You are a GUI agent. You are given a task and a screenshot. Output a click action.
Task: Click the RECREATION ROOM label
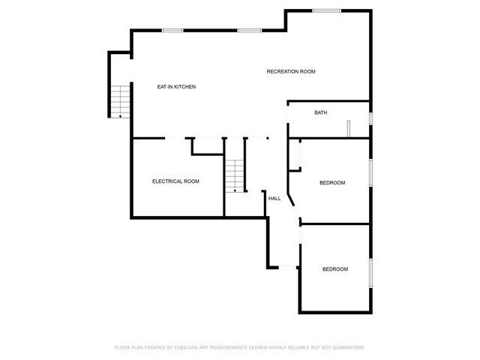click(x=291, y=72)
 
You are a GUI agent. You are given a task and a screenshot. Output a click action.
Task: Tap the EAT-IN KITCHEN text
click(x=176, y=87)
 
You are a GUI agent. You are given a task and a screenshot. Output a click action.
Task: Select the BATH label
click(x=321, y=112)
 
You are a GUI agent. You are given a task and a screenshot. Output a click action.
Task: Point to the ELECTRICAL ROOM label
click(x=175, y=181)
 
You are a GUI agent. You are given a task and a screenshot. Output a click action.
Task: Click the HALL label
click(x=274, y=198)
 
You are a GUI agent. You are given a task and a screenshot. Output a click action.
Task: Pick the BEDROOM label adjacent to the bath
click(x=332, y=183)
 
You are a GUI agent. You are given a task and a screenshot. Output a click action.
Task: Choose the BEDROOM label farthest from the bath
click(x=335, y=269)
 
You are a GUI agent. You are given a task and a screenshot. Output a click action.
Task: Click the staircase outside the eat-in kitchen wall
click(x=120, y=102)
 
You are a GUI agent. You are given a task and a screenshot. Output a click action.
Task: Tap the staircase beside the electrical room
click(x=235, y=175)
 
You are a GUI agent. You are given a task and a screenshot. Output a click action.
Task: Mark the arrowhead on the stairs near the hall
click(x=235, y=191)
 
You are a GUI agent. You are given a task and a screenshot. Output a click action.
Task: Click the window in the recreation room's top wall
click(x=327, y=10)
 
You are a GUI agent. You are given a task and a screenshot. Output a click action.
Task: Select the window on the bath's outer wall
click(x=370, y=118)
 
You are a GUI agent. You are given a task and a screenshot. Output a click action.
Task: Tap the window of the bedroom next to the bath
click(x=370, y=172)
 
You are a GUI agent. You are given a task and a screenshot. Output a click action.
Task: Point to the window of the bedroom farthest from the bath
click(x=370, y=273)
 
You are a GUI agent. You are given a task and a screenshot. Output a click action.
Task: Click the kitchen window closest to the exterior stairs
click(x=172, y=31)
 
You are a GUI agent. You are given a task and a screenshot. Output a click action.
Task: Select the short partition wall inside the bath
click(x=348, y=129)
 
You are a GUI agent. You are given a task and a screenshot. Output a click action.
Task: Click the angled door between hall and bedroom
click(x=296, y=211)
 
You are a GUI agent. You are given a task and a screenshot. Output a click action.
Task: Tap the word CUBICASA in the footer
click(x=186, y=347)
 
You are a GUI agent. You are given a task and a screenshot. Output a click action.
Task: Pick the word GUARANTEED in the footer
click(x=349, y=347)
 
